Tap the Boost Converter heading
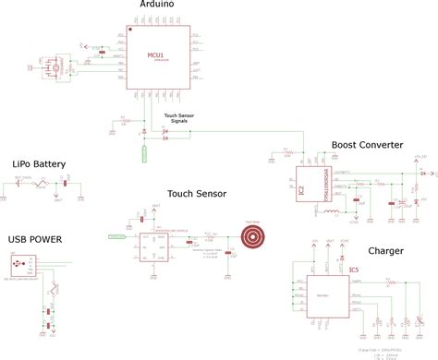[367, 145]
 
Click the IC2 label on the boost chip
[300, 191]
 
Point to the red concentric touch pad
[251, 237]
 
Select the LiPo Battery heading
[39, 164]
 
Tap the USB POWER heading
[35, 239]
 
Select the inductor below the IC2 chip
[330, 213]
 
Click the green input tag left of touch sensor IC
[117, 237]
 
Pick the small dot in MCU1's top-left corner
[130, 28]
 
